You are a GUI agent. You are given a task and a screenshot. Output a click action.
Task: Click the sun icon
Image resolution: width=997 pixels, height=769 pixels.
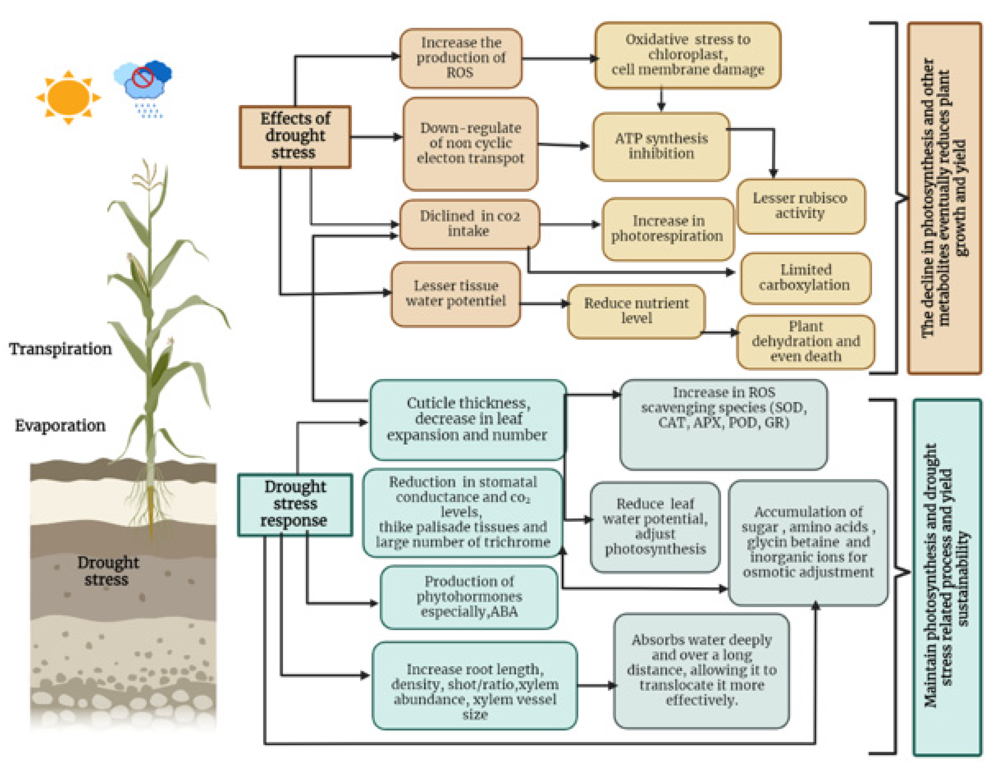[x=69, y=97]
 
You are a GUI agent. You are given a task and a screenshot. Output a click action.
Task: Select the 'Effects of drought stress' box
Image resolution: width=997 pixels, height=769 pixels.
[x=295, y=136]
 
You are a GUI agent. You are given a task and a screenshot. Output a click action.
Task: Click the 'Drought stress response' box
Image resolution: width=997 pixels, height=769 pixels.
[x=295, y=504]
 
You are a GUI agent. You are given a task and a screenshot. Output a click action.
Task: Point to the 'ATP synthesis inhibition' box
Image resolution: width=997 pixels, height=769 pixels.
[x=661, y=146]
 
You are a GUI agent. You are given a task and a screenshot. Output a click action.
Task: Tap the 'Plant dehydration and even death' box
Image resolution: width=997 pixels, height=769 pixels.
[x=805, y=341]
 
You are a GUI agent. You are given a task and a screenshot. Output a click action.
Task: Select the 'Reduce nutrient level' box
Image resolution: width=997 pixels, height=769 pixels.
[x=636, y=311]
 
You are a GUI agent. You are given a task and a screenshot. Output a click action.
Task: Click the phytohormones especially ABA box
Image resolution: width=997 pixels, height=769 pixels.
[x=469, y=596]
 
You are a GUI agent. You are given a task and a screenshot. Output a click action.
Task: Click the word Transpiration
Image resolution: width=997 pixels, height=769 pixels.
[x=60, y=349]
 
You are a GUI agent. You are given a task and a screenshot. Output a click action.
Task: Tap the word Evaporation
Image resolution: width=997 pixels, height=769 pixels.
[x=60, y=426]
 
